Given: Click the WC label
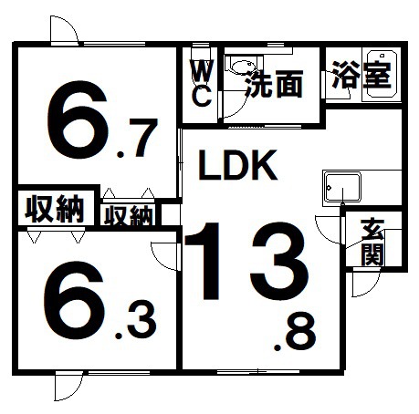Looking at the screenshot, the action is point(203,83).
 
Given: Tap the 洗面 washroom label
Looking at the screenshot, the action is point(275,84).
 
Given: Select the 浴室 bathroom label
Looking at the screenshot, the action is point(361,75).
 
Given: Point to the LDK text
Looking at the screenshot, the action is point(237,165).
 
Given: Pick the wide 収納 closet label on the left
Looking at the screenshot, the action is point(55,209).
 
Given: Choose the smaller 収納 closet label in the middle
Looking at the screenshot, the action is point(128,216).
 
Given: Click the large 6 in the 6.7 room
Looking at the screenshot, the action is point(78,119).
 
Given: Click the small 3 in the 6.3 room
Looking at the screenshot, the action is point(141,320).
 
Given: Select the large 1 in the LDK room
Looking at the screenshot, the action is point(204,261).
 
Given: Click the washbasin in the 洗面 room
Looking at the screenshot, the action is point(243,66).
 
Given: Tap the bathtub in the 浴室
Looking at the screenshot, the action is point(382,74).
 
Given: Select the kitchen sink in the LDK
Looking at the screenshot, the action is point(342,187).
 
